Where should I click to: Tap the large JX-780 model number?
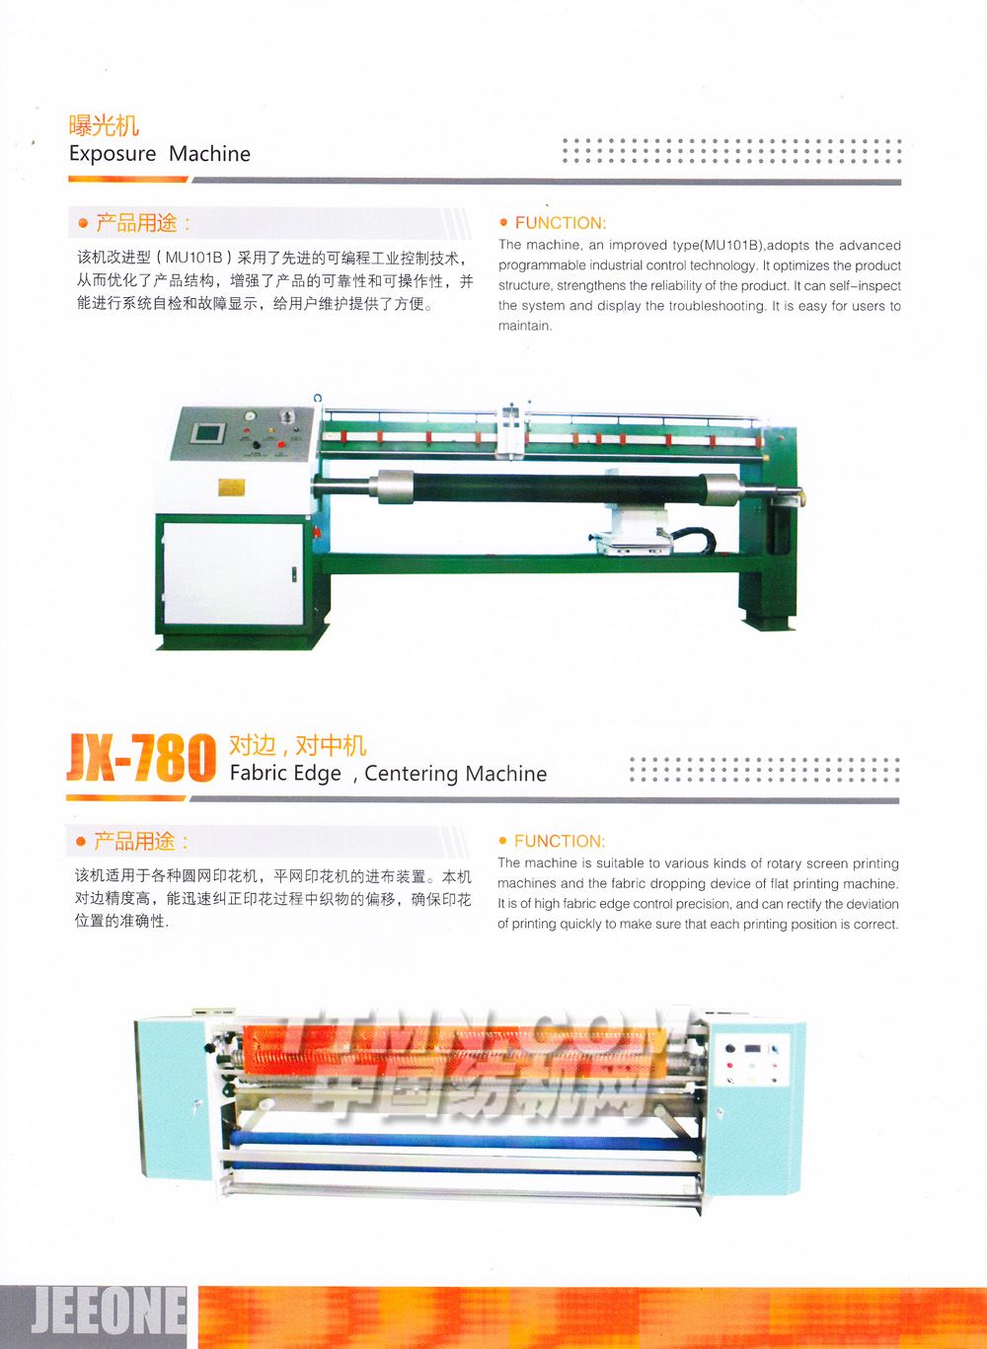pos(141,757)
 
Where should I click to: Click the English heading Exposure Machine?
pos(160,154)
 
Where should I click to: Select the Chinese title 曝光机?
pos(104,125)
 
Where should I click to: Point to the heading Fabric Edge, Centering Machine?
pos(389,774)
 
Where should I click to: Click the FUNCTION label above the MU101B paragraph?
pos(561,223)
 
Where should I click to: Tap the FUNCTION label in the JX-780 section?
pos(560,841)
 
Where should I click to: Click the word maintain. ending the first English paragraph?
pos(525,326)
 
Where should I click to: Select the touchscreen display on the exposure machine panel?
pos(207,432)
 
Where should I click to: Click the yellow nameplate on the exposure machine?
pos(231,487)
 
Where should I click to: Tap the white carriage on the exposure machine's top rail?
pos(512,430)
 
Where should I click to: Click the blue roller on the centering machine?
pos(464,1140)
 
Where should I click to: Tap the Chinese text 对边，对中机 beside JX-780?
pos(297,746)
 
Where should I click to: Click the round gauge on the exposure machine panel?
pos(250,415)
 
